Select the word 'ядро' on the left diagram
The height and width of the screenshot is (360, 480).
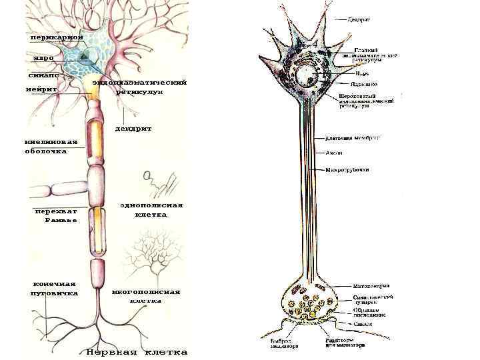(44, 59)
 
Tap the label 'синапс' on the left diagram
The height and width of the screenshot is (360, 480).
(43, 75)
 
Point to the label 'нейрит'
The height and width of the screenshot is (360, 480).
(41, 89)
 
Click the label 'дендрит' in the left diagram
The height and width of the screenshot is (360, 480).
(133, 128)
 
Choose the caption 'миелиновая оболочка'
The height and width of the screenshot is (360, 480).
(51, 147)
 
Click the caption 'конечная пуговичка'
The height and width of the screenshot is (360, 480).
(54, 288)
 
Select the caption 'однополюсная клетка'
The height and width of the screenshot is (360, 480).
(151, 210)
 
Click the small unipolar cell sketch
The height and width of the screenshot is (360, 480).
(160, 180)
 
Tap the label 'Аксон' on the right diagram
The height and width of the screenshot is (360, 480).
(334, 153)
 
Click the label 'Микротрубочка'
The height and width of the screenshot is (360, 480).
(347, 169)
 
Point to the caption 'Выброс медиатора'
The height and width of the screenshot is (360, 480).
(279, 343)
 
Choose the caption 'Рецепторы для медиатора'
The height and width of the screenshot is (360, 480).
(345, 343)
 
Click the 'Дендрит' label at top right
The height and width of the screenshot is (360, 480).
(359, 19)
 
